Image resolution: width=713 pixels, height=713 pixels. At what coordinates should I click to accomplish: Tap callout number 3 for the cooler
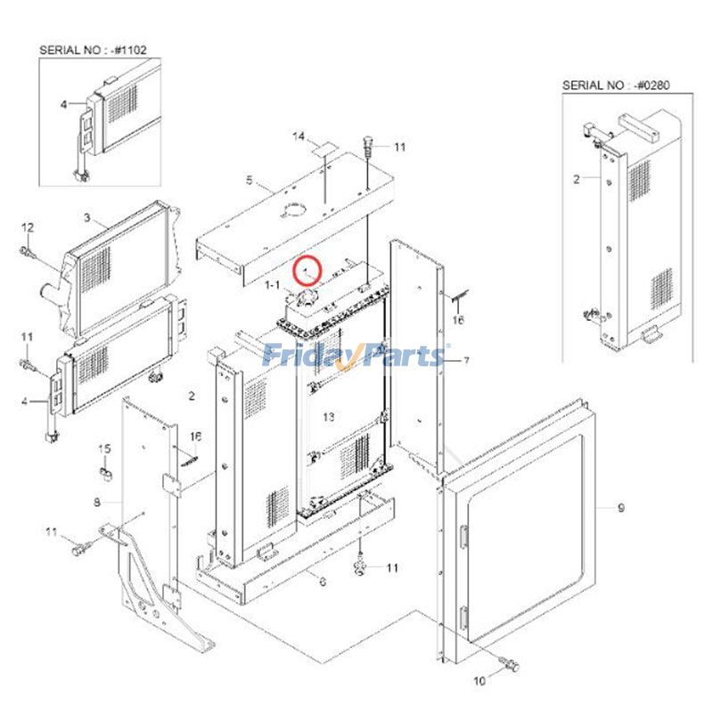pos(87,217)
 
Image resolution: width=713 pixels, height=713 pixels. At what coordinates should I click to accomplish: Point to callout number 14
pos(299,135)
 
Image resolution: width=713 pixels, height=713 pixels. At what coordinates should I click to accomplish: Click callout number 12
pos(27,226)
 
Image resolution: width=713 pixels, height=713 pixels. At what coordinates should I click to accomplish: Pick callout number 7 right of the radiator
pos(466,360)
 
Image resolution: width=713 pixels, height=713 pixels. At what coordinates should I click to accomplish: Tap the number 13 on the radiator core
pos(329,417)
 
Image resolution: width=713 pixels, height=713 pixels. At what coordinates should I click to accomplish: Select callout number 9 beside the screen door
pos(622,508)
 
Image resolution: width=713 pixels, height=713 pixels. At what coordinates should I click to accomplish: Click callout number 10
pos(479,681)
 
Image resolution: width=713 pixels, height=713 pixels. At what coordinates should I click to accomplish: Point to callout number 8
pos(96,503)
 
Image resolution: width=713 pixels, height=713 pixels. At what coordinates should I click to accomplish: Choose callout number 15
pos(103,447)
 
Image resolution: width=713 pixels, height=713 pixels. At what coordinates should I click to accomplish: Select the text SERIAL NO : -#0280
pos(616,85)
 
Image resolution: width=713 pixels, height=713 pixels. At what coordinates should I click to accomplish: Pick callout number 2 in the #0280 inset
pos(576,178)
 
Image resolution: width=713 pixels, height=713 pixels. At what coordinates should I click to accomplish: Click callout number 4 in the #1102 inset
pos(63,104)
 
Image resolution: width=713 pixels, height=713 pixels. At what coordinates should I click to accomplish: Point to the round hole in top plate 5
pos(291,210)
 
